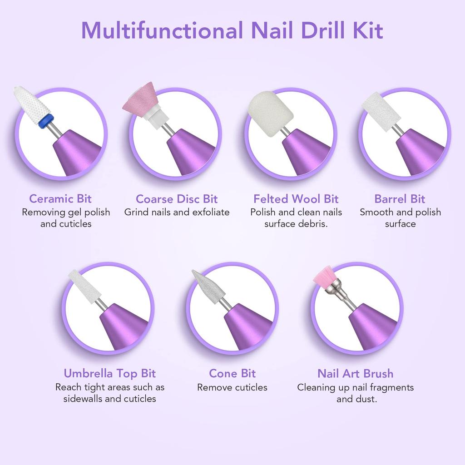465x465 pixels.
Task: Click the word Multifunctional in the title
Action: coord(158,30)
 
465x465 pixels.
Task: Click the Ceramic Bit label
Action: coord(60,199)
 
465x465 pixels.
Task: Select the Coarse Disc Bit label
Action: coord(177,199)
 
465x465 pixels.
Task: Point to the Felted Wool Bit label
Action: coord(296,199)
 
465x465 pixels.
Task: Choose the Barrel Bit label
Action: coord(400,199)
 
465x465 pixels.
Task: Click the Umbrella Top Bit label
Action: coord(109,374)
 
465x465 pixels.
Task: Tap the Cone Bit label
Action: coord(232,374)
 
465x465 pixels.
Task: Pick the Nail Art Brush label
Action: coord(355,374)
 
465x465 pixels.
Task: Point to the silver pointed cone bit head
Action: coord(205,285)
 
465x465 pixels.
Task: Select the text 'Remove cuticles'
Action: coord(232,387)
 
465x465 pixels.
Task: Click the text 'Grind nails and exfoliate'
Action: coord(177,212)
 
